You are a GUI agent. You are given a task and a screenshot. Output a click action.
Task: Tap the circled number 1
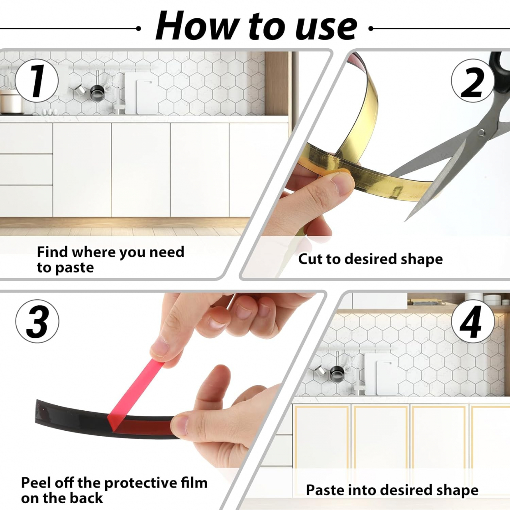click(x=37, y=81)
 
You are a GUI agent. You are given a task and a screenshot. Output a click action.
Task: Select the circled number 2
click(x=473, y=81)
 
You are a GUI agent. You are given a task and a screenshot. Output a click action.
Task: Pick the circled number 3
click(x=37, y=321)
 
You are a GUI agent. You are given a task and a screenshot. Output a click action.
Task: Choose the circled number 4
click(x=473, y=321)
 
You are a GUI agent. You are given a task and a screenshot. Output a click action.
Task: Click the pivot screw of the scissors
click(x=481, y=132)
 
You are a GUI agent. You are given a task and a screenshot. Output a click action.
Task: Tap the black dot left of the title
click(x=138, y=28)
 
